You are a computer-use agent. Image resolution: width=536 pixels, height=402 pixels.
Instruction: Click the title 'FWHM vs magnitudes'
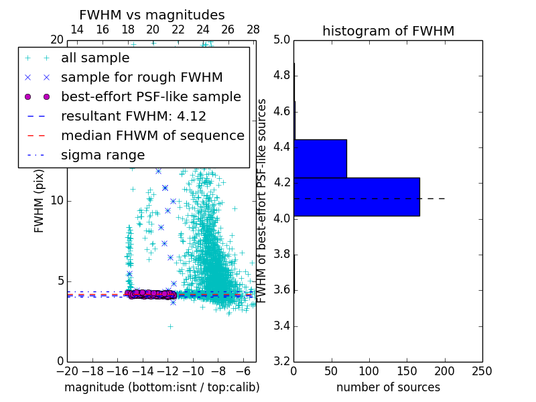152,15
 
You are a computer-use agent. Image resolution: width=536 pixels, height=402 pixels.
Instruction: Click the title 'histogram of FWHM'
388,31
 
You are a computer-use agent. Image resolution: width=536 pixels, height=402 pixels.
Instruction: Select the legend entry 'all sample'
95,58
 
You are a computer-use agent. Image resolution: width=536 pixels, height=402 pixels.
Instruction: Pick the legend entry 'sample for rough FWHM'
141,78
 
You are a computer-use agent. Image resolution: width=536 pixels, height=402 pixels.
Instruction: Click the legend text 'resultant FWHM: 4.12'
133,116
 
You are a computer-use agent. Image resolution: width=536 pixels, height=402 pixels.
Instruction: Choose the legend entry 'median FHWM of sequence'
152,135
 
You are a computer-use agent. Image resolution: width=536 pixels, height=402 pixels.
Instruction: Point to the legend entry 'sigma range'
103,155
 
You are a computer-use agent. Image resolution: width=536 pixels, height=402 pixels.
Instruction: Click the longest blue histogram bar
356,196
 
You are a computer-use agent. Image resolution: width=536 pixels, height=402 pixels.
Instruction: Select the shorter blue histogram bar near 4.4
320,158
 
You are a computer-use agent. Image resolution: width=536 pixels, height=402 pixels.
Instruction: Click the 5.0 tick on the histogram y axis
281,40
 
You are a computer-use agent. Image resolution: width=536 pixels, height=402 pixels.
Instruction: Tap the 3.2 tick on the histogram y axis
281,361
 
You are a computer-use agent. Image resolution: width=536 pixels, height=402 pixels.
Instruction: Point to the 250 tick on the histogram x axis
482,371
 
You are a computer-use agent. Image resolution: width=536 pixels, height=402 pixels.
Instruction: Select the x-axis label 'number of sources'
388,387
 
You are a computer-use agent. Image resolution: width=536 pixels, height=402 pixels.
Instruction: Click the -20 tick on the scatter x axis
67,371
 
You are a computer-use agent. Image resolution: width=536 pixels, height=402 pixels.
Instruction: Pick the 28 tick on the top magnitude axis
253,29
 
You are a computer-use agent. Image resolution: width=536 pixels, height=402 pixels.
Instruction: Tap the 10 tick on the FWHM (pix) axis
57,200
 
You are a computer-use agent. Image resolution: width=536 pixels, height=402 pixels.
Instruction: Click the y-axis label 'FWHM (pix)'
40,200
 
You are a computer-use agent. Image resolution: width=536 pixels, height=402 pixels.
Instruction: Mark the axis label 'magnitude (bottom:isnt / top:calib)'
161,387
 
